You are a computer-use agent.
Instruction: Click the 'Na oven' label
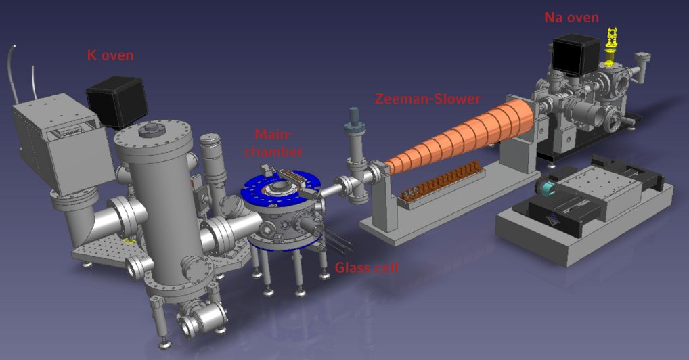pyautogui.click(x=571, y=18)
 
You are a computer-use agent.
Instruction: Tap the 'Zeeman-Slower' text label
pyautogui.click(x=428, y=99)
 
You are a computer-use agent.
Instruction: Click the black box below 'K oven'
pyautogui.click(x=116, y=102)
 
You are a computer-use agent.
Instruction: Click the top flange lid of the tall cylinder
pyautogui.click(x=150, y=134)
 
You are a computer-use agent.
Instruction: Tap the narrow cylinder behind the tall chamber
pyautogui.click(x=213, y=162)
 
